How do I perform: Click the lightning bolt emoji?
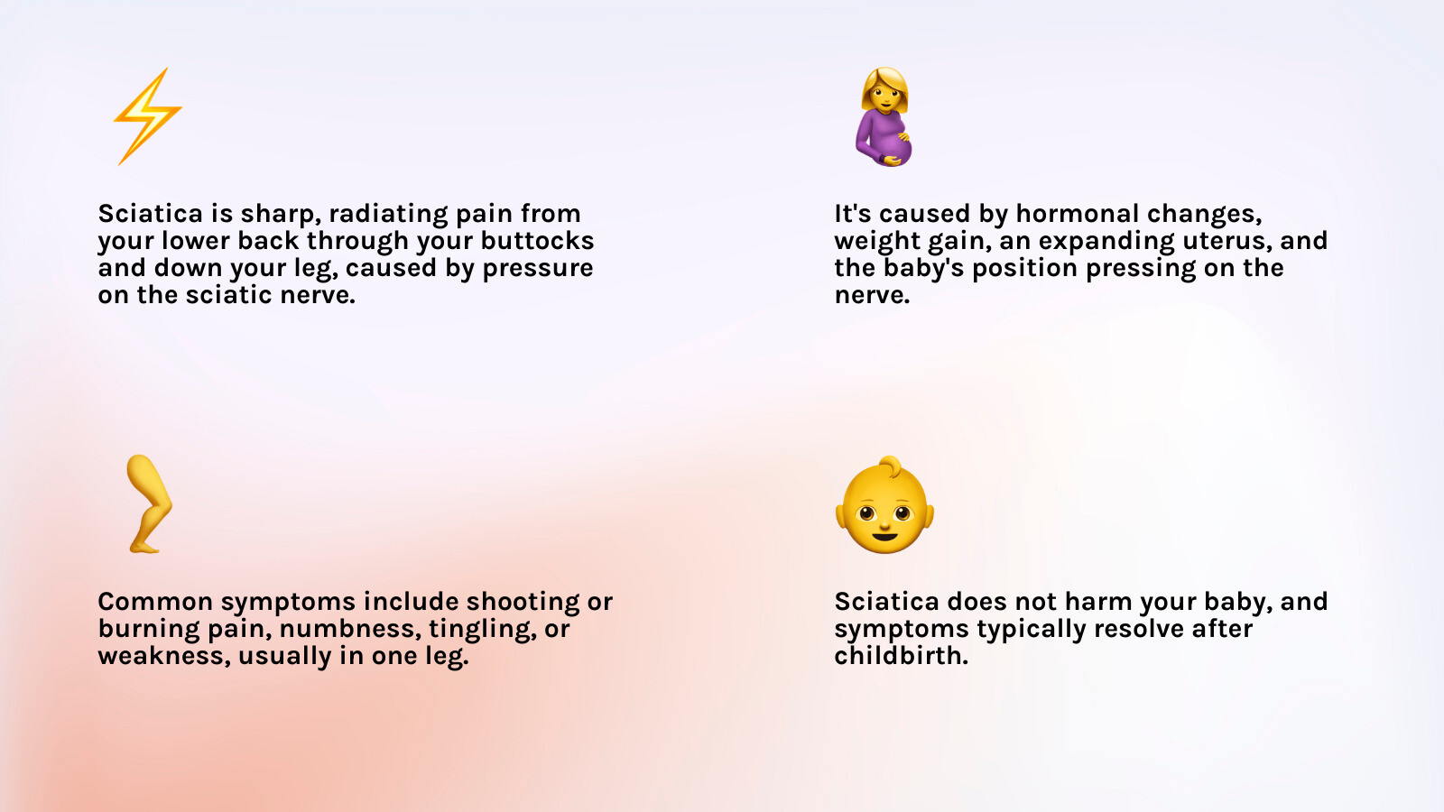click(x=148, y=116)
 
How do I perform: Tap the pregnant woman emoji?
click(x=884, y=116)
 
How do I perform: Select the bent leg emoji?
click(x=149, y=504)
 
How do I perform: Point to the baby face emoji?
click(x=884, y=504)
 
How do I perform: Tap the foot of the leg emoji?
click(x=144, y=547)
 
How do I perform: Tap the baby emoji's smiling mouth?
click(x=884, y=536)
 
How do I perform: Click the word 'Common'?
click(x=155, y=601)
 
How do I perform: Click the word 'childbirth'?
click(x=902, y=655)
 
